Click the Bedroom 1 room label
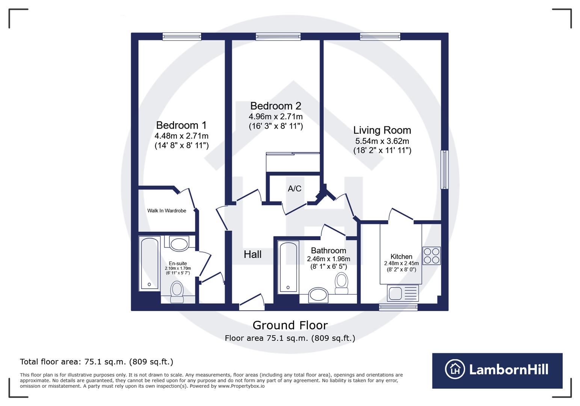pos(181,125)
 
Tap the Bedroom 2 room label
pos(275,106)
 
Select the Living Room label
pos(382,130)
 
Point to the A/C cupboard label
pos(295,189)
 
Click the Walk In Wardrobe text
pos(166,211)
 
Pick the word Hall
pos(252,255)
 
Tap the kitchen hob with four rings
pos(431,256)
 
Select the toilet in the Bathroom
pos(341,283)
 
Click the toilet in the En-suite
pos(177,292)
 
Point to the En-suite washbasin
pos(179,244)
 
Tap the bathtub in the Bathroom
pos(288,267)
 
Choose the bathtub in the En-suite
pos(150,263)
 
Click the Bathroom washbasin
pos(318,295)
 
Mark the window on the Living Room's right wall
pos(444,170)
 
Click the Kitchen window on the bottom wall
pos(398,307)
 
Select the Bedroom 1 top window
pos(182,36)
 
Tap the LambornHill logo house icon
pos(455,369)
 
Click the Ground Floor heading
pos(290,325)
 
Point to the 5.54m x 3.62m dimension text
pos(382,141)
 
